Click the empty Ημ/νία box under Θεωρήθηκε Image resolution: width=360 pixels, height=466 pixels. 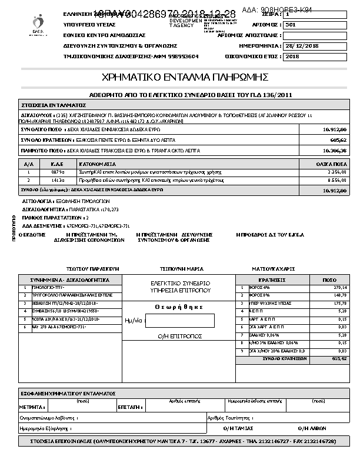coord(180,321)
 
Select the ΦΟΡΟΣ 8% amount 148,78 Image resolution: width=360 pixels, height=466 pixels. coord(339,295)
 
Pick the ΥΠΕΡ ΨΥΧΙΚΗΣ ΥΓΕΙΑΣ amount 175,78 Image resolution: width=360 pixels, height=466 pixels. coord(339,303)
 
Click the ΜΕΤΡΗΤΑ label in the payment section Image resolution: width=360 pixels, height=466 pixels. coord(31,407)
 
